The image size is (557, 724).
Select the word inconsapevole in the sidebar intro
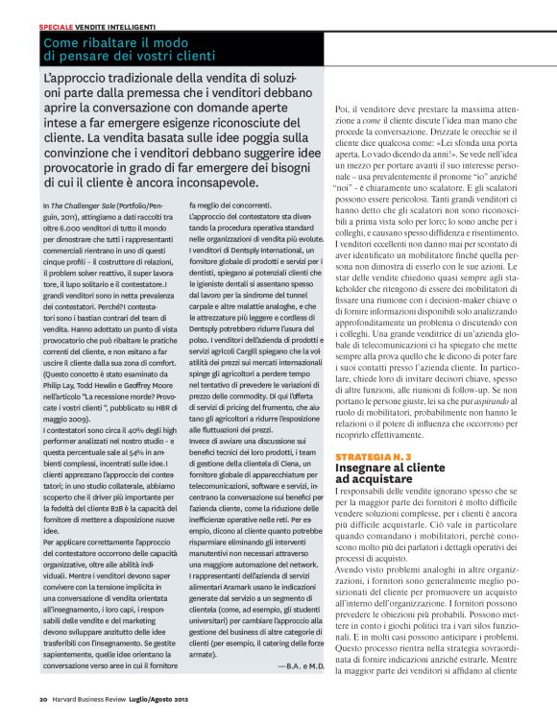206,182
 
